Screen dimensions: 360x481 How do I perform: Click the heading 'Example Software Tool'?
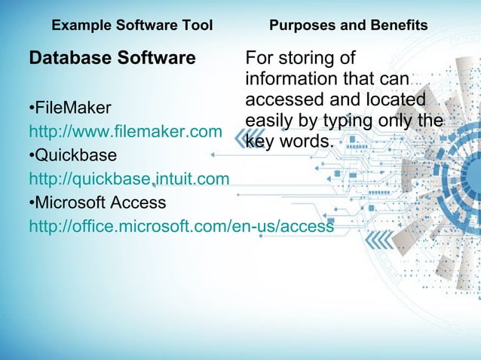[132, 26]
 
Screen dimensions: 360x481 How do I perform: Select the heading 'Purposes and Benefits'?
[348, 26]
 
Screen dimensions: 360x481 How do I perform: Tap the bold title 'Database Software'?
[112, 58]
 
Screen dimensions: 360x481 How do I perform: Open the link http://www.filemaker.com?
[124, 132]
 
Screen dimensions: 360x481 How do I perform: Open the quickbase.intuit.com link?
[129, 179]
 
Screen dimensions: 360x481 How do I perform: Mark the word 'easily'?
[269, 121]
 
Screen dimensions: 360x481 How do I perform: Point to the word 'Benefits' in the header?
[400, 26]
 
